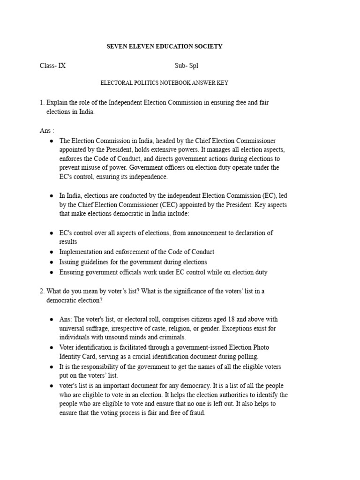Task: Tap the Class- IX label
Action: [52, 66]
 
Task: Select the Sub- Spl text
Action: [187, 66]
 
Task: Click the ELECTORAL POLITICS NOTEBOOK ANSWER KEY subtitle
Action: [165, 83]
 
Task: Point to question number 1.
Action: [42, 102]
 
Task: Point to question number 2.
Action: [42, 291]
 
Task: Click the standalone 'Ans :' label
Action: [47, 131]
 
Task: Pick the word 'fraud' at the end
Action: [196, 413]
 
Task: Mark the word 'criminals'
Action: [172, 337]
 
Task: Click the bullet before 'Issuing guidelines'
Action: [51, 262]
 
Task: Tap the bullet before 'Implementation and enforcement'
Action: [51, 252]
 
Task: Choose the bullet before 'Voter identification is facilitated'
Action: [51, 348]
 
